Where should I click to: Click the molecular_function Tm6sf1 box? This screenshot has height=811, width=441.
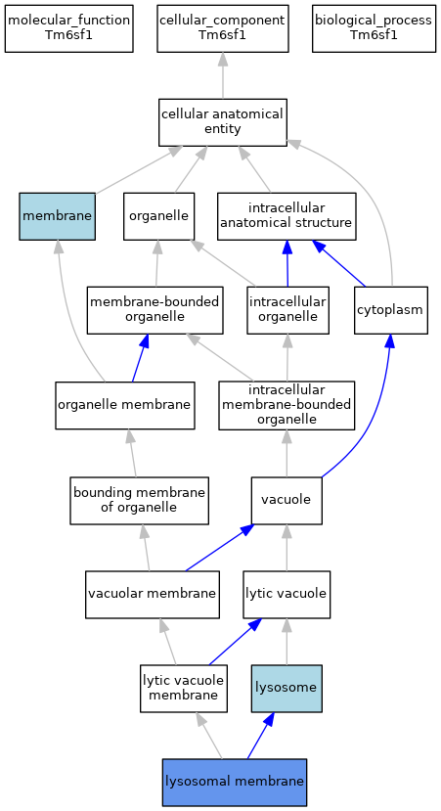pyautogui.click(x=68, y=28)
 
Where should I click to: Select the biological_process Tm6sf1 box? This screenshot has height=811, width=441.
pyautogui.click(x=374, y=28)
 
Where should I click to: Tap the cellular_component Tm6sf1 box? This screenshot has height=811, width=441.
pyautogui.click(x=222, y=28)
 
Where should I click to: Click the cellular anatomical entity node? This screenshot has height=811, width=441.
pyautogui.click(x=222, y=122)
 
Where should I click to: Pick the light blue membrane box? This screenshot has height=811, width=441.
pyautogui.click(x=58, y=216)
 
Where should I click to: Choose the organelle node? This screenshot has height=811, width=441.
pyautogui.click(x=158, y=216)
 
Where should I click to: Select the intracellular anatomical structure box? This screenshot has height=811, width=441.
pyautogui.click(x=287, y=216)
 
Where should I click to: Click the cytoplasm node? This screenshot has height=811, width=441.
pyautogui.click(x=391, y=310)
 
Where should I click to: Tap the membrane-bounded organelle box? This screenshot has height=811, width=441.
pyautogui.click(x=155, y=310)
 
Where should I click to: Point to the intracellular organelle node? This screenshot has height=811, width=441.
pyautogui.click(x=287, y=310)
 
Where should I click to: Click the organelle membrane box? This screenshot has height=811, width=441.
pyautogui.click(x=125, y=405)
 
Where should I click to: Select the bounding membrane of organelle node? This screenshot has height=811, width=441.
pyautogui.click(x=140, y=500)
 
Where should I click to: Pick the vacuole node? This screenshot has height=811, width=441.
pyautogui.click(x=287, y=500)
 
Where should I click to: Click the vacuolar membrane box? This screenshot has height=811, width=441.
pyautogui.click(x=153, y=594)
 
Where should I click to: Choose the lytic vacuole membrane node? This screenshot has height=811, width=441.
pyautogui.click(x=184, y=689)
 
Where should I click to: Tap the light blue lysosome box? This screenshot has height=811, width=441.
pyautogui.click(x=287, y=689)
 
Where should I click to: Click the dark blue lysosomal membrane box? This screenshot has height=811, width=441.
pyautogui.click(x=235, y=783)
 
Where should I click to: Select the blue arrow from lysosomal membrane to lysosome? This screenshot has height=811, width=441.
pyautogui.click(x=259, y=736)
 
